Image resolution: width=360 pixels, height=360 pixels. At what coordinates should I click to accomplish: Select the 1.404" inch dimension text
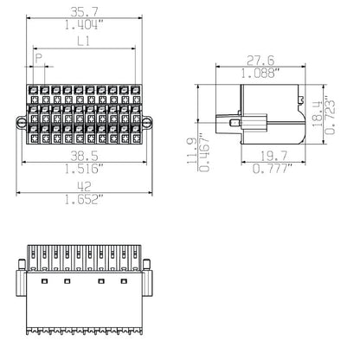point(84,27)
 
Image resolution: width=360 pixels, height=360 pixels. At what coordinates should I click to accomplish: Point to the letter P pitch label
point(39,57)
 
